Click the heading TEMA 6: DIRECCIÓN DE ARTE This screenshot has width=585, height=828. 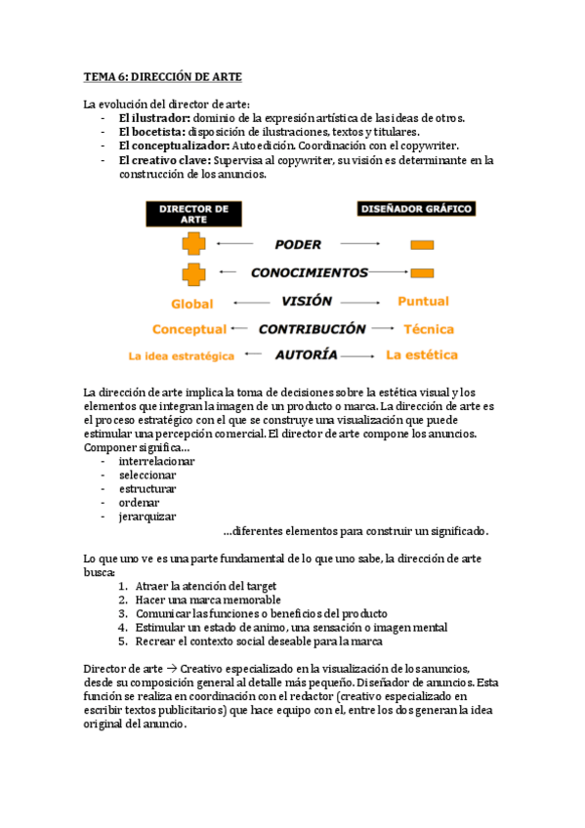point(161,76)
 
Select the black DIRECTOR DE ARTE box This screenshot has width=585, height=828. point(193,213)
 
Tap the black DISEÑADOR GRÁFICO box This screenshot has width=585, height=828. point(416,208)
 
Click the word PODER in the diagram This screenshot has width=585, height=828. point(297,244)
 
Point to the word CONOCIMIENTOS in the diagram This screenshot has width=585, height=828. point(310,272)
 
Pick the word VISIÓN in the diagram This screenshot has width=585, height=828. point(308,302)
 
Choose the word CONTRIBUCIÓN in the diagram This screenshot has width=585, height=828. point(313,329)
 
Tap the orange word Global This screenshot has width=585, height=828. point(191,304)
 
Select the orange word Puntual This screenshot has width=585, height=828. point(423,303)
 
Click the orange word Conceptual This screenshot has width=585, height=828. point(189,330)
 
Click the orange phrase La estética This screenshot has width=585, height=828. point(422,354)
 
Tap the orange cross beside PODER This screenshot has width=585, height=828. point(192,244)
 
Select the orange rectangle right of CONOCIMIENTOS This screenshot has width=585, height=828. point(422,272)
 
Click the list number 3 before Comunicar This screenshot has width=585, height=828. point(124,614)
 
